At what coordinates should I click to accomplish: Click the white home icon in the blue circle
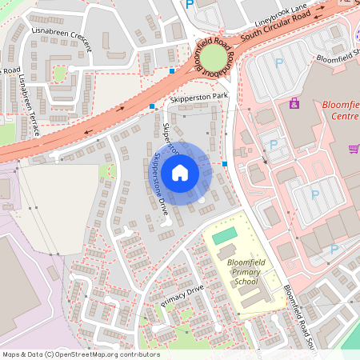(180, 173)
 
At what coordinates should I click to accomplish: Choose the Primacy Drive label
(183, 295)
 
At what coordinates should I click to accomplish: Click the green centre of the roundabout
(214, 58)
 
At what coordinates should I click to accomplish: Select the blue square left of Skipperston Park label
(151, 106)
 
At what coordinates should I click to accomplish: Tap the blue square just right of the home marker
(226, 164)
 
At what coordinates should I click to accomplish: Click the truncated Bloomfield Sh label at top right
(338, 58)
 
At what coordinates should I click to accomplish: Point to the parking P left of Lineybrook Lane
(190, 5)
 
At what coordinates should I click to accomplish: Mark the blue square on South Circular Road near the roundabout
(172, 71)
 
